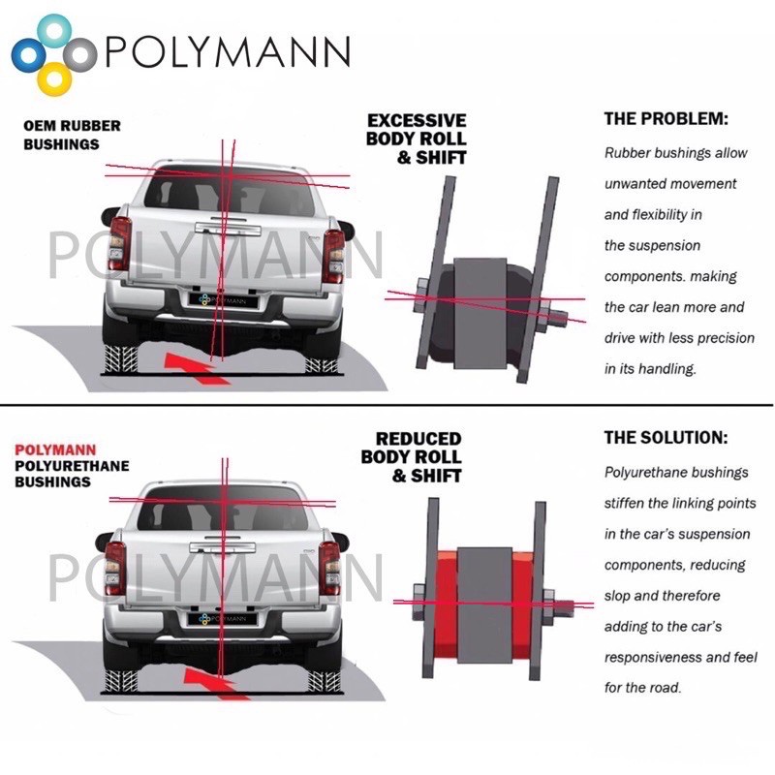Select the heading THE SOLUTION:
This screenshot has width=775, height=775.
pos(665,437)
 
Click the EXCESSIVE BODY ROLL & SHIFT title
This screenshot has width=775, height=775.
pos(417,139)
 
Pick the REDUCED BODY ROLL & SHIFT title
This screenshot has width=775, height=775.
pos(412,457)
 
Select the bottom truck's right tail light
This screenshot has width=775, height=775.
pos(330,566)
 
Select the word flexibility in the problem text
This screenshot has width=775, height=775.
pos(668,214)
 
